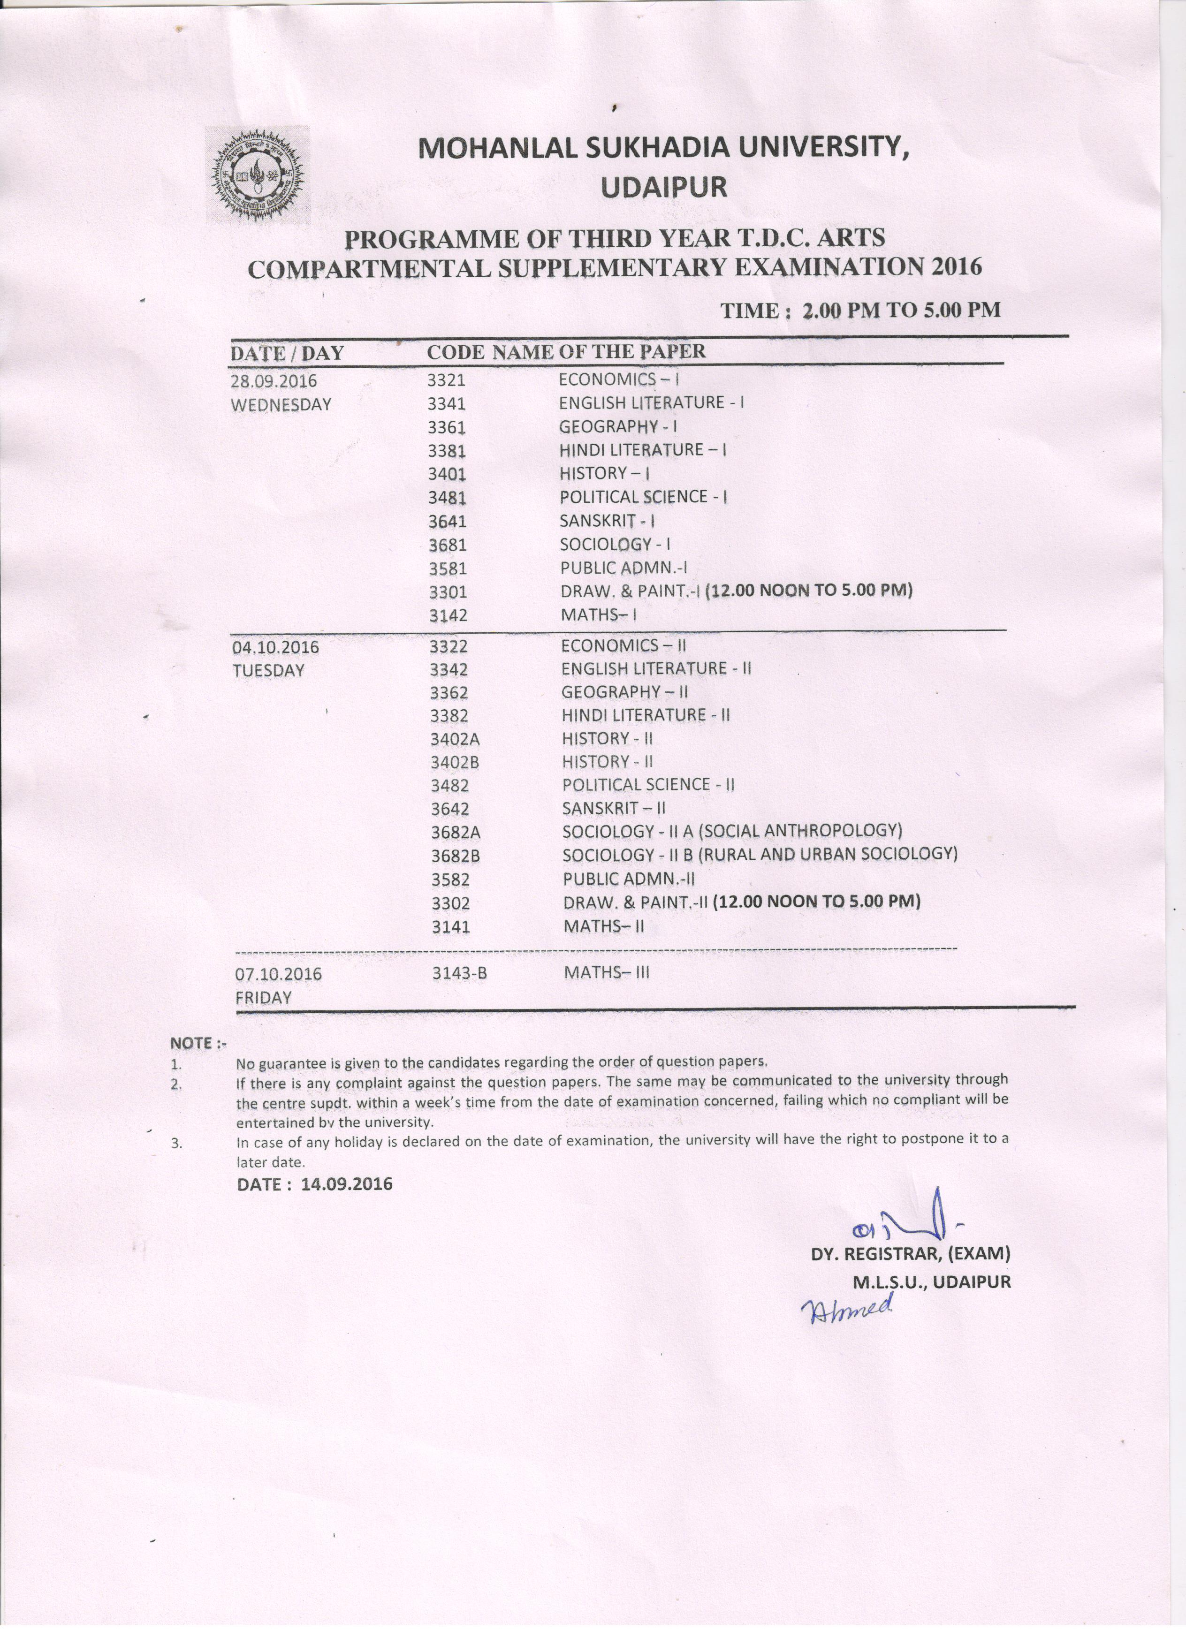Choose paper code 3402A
[455, 739]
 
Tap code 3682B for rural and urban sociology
[456, 856]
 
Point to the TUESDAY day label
[268, 670]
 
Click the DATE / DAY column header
[287, 353]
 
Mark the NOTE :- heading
[198, 1043]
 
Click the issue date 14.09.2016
[347, 1184]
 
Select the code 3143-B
[459, 973]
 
